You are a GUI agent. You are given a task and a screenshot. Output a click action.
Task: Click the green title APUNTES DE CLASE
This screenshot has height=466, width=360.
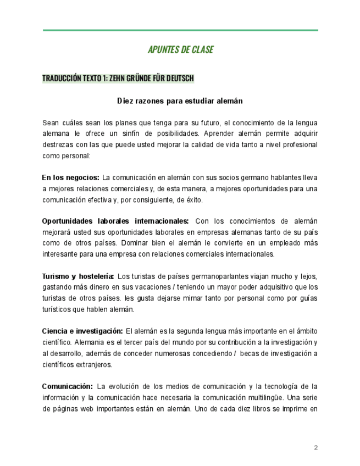(180, 49)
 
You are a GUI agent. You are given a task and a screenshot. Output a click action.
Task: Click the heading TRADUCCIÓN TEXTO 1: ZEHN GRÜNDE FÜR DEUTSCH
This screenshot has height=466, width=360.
(118, 78)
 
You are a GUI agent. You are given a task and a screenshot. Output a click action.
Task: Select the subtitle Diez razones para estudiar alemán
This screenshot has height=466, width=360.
(180, 101)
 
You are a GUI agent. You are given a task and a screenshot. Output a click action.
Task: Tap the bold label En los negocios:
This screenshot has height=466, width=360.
(70, 177)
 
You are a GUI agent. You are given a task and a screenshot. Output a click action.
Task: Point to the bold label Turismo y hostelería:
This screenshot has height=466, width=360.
(78, 276)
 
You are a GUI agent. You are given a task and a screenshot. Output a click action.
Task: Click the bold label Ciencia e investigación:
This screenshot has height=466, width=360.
(82, 331)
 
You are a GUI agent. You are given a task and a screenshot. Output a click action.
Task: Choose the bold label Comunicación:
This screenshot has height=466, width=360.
(67, 386)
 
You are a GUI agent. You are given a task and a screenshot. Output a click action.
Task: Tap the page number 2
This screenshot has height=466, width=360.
(316, 447)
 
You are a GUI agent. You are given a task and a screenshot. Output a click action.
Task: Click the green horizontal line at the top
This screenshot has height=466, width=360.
(180, 30)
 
